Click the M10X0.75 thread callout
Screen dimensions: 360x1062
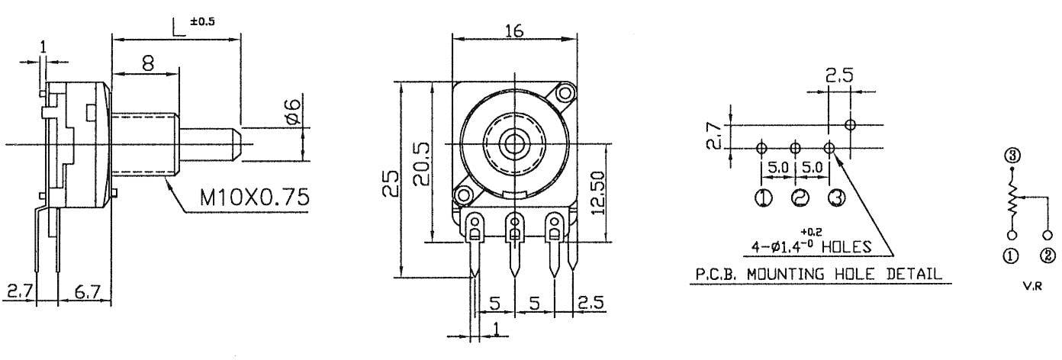tap(254, 198)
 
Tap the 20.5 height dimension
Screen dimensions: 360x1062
tap(419, 165)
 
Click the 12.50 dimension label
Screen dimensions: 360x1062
tap(598, 193)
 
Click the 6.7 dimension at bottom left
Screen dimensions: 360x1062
tap(85, 291)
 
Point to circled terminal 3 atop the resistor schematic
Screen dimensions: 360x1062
tap(1012, 156)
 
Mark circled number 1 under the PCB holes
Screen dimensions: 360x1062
tap(761, 198)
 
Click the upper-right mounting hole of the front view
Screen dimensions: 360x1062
tap(565, 93)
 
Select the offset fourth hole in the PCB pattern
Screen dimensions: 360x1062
tap(850, 124)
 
